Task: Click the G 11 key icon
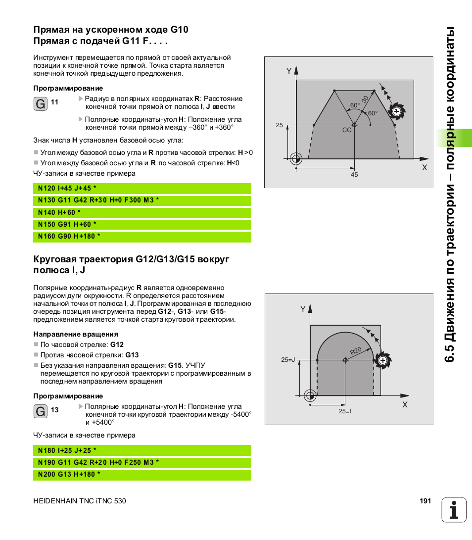[41, 104]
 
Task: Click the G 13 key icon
[41, 411]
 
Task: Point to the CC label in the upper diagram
[347, 130]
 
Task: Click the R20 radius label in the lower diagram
[356, 351]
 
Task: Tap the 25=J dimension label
[288, 360]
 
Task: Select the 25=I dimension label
[345, 411]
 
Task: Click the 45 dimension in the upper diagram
[354, 175]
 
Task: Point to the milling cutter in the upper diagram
[396, 111]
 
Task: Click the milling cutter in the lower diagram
[381, 360]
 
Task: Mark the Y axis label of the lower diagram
[303, 309]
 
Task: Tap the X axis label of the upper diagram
[424, 168]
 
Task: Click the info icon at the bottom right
[454, 509]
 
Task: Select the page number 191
[425, 501]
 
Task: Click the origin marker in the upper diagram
[296, 159]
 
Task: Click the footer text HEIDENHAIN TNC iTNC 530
[80, 501]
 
